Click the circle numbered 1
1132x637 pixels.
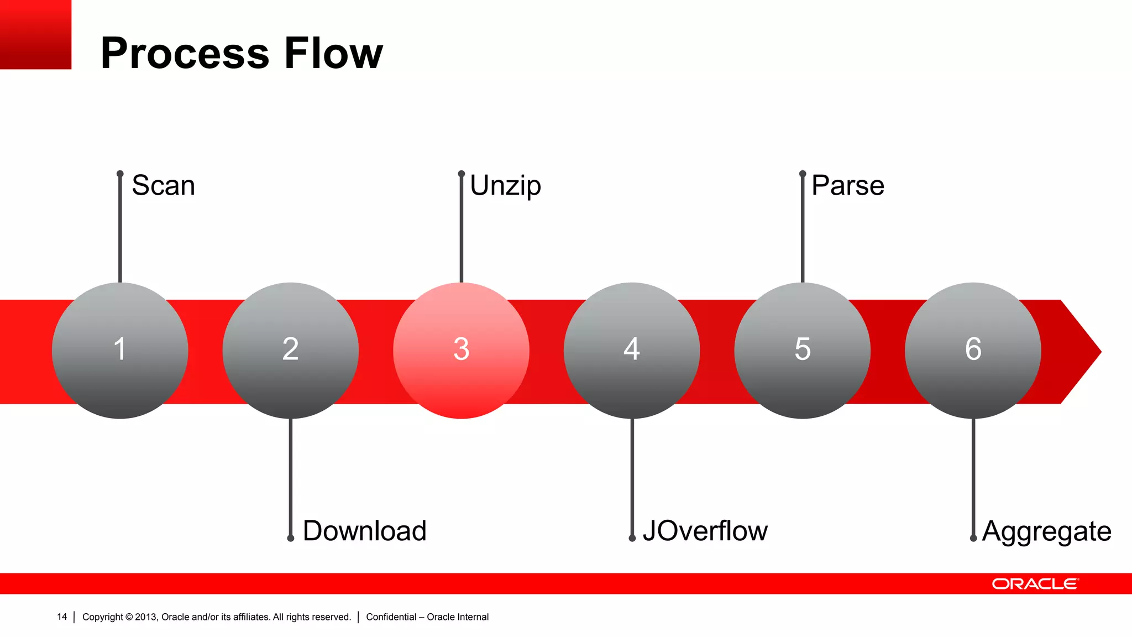pyautogui.click(x=120, y=351)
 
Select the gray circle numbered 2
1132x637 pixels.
pyautogui.click(x=290, y=351)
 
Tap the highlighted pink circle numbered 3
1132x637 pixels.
pyautogui.click(x=461, y=351)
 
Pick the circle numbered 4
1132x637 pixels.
pyautogui.click(x=632, y=351)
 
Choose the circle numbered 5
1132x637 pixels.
pyautogui.click(x=802, y=351)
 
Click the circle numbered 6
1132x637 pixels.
pyautogui.click(x=973, y=351)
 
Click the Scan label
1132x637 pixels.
pyautogui.click(x=163, y=186)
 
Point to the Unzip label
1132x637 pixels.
pyautogui.click(x=505, y=186)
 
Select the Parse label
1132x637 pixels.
pyautogui.click(x=847, y=186)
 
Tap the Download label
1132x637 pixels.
pyautogui.click(x=365, y=531)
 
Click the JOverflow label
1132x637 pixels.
pyautogui.click(x=705, y=531)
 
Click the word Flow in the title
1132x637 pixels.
pyautogui.click(x=333, y=53)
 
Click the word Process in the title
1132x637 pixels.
pyautogui.click(x=185, y=53)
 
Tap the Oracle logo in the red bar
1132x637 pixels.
pyautogui.click(x=1035, y=584)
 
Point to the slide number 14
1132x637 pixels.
pyautogui.click(x=62, y=617)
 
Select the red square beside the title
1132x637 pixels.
pyautogui.click(x=35, y=34)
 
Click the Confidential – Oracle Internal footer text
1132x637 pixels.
pyautogui.click(x=427, y=617)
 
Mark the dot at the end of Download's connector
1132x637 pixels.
pyautogui.click(x=290, y=538)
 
